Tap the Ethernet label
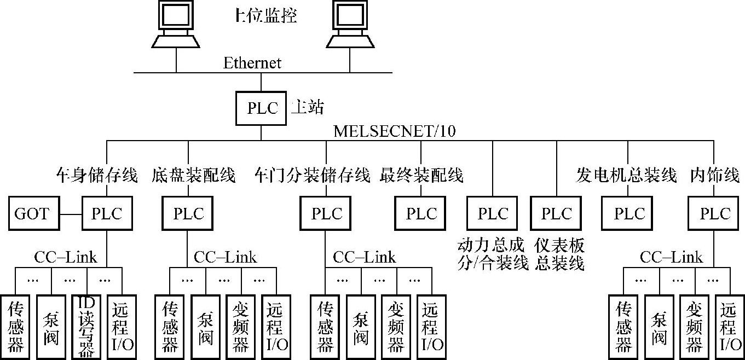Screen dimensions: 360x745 point(252,63)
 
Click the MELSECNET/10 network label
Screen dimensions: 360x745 point(394,131)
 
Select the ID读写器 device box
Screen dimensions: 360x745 point(86,327)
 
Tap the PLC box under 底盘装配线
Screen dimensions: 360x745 point(188,213)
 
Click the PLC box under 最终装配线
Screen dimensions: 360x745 point(421,213)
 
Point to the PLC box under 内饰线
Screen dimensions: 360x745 point(715,213)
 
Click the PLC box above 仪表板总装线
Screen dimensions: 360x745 point(556,213)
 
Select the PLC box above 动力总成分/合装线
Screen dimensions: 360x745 point(493,213)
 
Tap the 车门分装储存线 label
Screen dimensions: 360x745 point(312,176)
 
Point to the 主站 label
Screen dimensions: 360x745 point(307,107)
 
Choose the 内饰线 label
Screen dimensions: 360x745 point(714,176)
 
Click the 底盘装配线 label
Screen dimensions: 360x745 point(193,176)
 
